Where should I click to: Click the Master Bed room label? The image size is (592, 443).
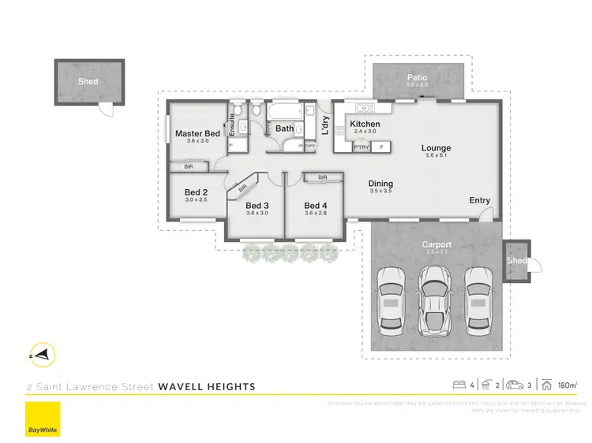(x=197, y=134)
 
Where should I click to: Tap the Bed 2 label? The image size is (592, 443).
(x=196, y=192)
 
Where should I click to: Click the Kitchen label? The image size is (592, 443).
(x=365, y=125)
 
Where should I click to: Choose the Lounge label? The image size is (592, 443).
(x=436, y=147)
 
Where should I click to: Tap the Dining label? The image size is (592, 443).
(x=380, y=184)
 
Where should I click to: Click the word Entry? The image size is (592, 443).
(x=479, y=200)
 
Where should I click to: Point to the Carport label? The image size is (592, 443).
(x=435, y=244)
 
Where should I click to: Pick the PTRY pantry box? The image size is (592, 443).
(x=362, y=147)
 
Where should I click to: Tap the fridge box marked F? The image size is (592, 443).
(x=382, y=147)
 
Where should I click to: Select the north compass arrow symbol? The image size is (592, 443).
(x=44, y=355)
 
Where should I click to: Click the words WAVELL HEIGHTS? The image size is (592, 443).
(x=207, y=386)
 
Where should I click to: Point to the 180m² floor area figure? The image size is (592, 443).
(x=567, y=385)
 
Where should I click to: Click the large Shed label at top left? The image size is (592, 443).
(x=88, y=81)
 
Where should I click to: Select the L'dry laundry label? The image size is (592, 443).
(x=324, y=125)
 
